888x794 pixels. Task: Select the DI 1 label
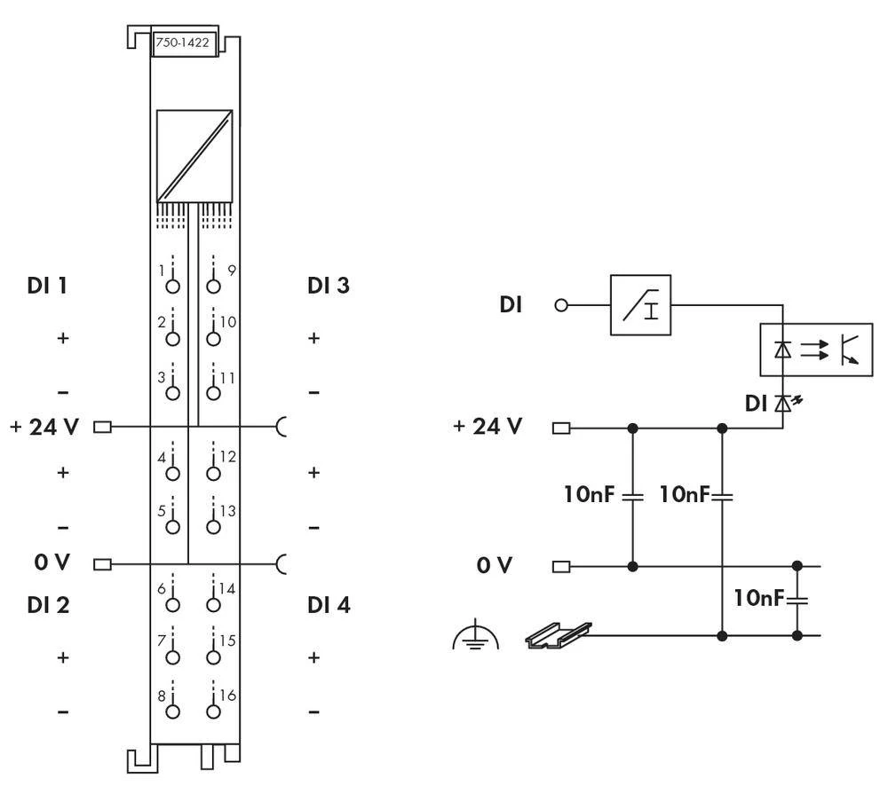pos(49,286)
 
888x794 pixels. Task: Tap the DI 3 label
pos(328,286)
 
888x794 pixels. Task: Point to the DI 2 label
pos(49,605)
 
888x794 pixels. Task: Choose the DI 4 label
pos(329,605)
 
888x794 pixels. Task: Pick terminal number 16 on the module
pos(213,710)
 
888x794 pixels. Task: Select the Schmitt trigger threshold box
pos(640,305)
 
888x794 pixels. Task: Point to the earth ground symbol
pos(475,636)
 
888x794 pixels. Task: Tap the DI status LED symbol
pos(783,405)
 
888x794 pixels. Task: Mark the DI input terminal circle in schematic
pos(560,305)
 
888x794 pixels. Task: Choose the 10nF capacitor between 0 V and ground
pos(797,600)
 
